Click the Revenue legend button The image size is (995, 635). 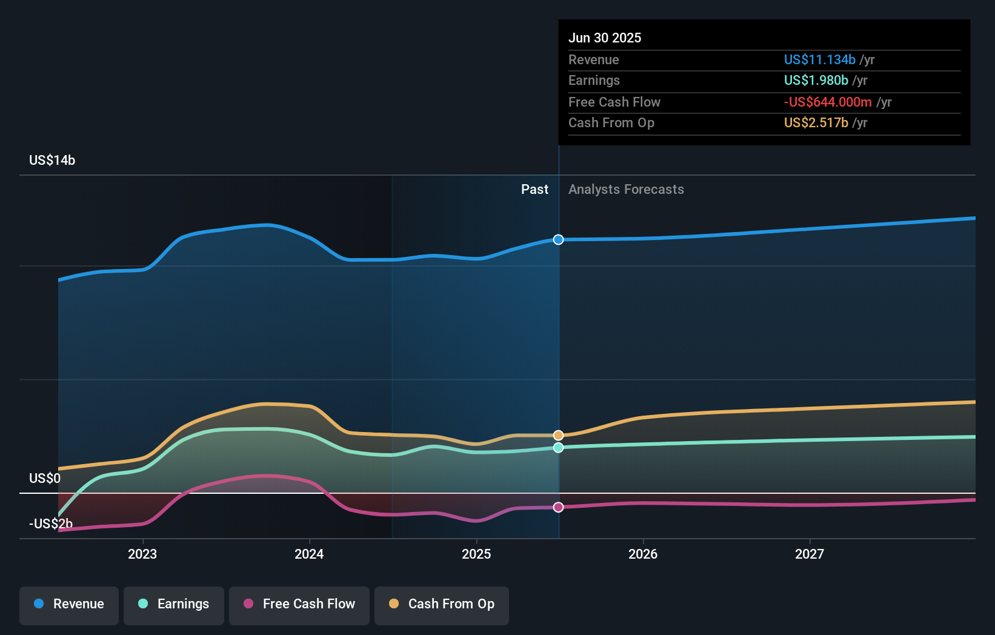[69, 605]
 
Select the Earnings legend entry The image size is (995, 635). [173, 605]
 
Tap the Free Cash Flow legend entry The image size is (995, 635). [299, 605]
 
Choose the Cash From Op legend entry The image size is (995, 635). [441, 605]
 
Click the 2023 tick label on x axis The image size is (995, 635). [142, 554]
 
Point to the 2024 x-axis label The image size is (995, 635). [309, 554]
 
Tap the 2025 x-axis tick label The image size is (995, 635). [476, 554]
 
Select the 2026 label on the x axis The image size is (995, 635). [643, 554]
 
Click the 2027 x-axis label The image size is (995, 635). [810, 554]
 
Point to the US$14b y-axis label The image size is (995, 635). [52, 161]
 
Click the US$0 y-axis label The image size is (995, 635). [45, 479]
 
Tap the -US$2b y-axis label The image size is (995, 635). [51, 524]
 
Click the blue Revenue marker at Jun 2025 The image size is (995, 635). [558, 240]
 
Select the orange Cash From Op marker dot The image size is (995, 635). [558, 436]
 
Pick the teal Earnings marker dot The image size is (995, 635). [558, 448]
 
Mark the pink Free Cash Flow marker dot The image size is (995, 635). [558, 507]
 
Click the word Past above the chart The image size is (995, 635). [534, 190]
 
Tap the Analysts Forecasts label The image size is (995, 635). [626, 190]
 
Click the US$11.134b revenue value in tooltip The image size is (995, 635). [819, 60]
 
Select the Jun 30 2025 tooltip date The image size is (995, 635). [605, 38]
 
